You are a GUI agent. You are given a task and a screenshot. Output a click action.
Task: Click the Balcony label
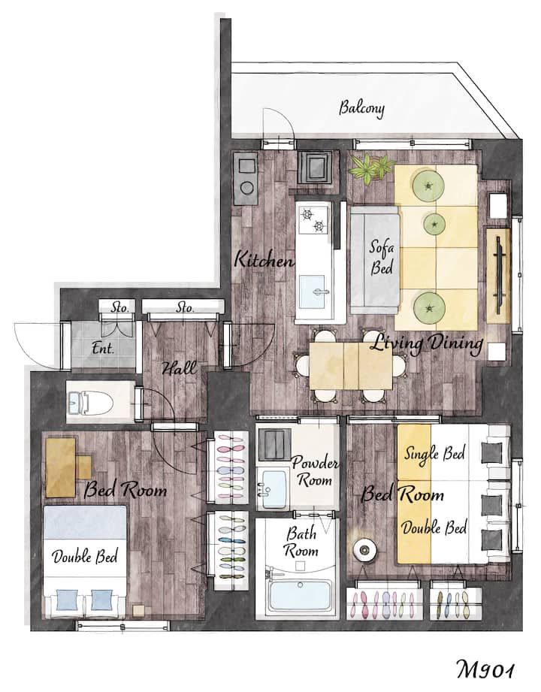(361, 108)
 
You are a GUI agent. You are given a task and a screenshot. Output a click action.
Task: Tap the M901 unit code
(485, 669)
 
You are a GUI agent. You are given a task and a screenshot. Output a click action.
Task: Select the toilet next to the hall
(91, 402)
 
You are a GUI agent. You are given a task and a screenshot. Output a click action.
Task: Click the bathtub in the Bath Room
(300, 595)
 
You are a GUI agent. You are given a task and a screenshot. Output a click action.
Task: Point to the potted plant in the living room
(371, 168)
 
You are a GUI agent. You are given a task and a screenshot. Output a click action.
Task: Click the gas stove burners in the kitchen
(313, 220)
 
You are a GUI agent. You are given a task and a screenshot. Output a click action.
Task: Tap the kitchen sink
(312, 292)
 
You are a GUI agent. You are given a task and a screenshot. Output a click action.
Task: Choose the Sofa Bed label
(381, 258)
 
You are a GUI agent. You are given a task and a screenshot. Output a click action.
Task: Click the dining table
(351, 366)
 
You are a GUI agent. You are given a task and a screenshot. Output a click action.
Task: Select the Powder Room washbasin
(274, 489)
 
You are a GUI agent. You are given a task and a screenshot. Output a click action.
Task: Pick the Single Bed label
(434, 454)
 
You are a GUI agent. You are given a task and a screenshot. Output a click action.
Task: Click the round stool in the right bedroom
(364, 549)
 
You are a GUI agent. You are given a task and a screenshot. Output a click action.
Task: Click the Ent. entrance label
(103, 348)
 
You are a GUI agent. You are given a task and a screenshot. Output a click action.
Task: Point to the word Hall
(179, 367)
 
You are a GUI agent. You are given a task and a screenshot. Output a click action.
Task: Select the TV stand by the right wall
(499, 276)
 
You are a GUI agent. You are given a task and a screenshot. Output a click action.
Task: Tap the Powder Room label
(314, 471)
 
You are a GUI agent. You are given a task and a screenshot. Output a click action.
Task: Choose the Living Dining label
(426, 343)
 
